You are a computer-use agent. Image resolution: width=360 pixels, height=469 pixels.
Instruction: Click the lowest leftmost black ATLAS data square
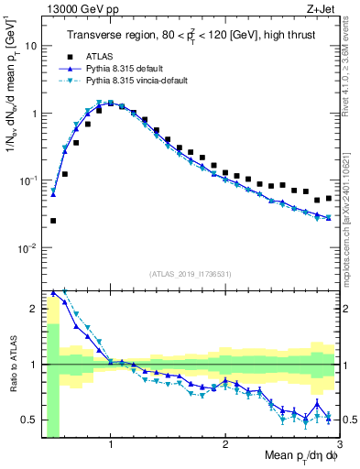[53, 221]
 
